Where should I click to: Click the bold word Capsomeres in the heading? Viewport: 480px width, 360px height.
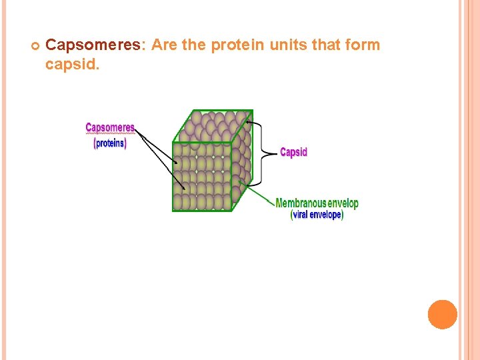(93, 45)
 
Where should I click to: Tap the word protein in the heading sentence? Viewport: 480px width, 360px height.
(238, 45)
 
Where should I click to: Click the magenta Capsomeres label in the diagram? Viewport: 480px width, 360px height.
(110, 127)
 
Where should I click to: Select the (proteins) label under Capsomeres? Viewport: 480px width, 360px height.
(110, 143)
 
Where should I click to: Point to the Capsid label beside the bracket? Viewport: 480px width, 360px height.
(293, 152)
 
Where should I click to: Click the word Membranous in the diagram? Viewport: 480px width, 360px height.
(301, 203)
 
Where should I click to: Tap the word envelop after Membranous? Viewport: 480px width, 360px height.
(343, 203)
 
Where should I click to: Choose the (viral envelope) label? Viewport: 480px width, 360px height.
(317, 215)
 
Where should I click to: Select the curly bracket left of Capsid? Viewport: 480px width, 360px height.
(267, 153)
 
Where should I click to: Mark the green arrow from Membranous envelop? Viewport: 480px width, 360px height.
(257, 190)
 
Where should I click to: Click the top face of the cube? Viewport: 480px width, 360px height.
(213, 126)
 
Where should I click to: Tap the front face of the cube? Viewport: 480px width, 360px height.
(201, 177)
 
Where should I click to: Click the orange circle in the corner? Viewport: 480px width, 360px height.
(443, 315)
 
